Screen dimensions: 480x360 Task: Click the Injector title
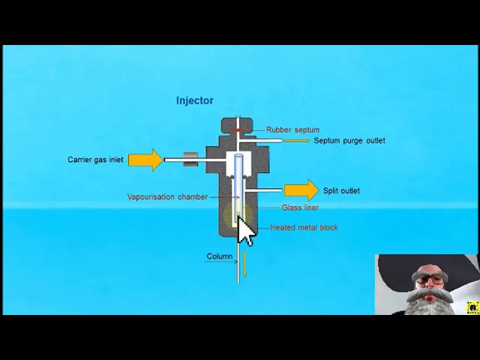point(194,100)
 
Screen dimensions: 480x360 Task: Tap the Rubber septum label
point(292,130)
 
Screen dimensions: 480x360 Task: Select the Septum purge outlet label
point(349,140)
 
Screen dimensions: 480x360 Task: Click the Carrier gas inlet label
point(95,160)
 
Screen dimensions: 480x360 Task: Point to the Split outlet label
point(341,190)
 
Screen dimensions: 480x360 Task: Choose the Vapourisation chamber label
point(167,196)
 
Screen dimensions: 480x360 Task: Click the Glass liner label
point(300,208)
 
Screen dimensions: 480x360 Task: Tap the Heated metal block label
point(304,227)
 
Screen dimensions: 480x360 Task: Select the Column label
point(220,256)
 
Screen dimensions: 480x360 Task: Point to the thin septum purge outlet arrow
point(296,140)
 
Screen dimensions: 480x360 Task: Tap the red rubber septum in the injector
point(237,130)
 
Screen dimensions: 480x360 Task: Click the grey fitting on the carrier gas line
point(190,160)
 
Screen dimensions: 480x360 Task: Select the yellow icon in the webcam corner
point(472,307)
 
